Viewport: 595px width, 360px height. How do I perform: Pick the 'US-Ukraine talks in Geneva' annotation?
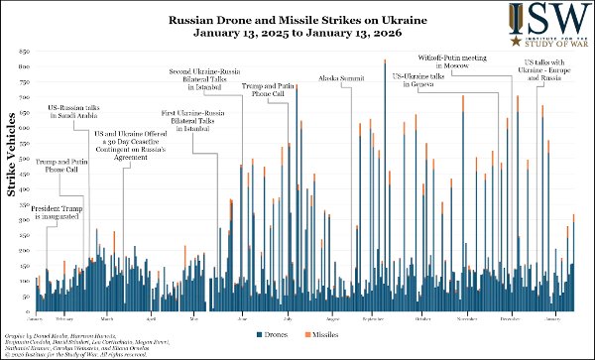[x=424, y=80]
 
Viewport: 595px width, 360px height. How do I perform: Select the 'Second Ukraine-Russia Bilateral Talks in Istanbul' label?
[x=200, y=76]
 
